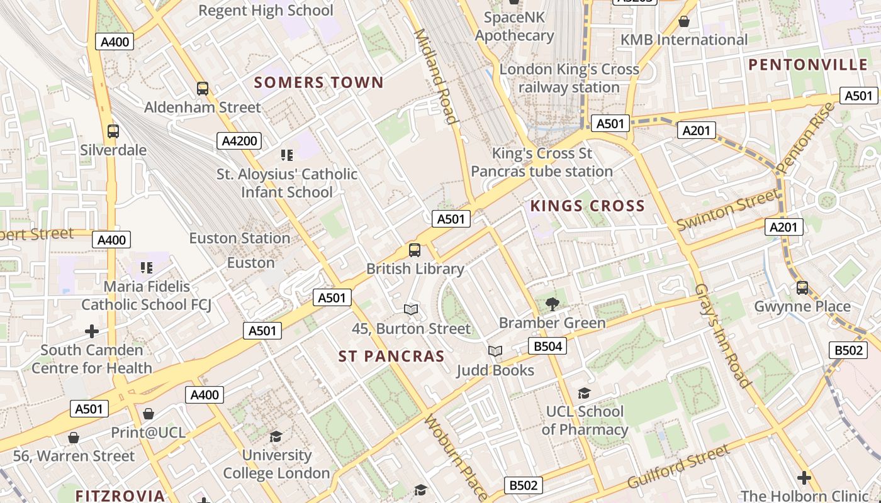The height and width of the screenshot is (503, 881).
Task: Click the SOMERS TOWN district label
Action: coord(318,82)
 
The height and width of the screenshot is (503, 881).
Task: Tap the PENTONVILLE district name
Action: coord(808,65)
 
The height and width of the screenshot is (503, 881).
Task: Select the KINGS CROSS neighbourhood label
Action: coord(588,206)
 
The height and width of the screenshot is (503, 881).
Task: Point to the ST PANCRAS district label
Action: coord(391,357)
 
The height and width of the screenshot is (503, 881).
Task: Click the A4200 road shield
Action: coord(239,141)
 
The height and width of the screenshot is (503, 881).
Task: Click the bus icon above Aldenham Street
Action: coord(202,89)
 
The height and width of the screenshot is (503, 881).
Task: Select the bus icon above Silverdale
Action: coord(113,131)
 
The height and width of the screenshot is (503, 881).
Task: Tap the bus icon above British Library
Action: coord(415,250)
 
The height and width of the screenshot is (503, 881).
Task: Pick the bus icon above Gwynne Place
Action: coord(802,288)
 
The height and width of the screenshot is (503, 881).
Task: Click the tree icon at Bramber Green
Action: coord(552,304)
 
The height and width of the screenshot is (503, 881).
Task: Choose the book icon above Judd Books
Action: coord(495,351)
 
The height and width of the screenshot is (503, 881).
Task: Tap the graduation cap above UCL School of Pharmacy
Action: coord(585,394)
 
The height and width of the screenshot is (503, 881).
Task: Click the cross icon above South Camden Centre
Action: coord(92,331)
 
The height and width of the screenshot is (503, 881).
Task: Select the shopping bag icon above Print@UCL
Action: coord(149,414)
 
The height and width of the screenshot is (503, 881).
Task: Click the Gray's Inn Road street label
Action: coord(722,336)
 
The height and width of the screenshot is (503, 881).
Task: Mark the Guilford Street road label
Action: coord(678,467)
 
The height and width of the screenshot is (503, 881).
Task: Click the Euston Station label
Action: coord(240,238)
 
